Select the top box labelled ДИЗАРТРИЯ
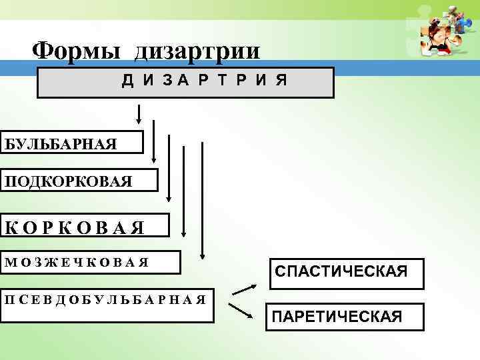click(185, 82)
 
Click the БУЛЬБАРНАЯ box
click(71, 143)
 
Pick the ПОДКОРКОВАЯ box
click(79, 181)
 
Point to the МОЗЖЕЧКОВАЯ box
click(90, 261)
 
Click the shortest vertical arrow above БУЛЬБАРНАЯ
click(139, 113)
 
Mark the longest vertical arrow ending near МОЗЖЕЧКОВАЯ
click(201, 199)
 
